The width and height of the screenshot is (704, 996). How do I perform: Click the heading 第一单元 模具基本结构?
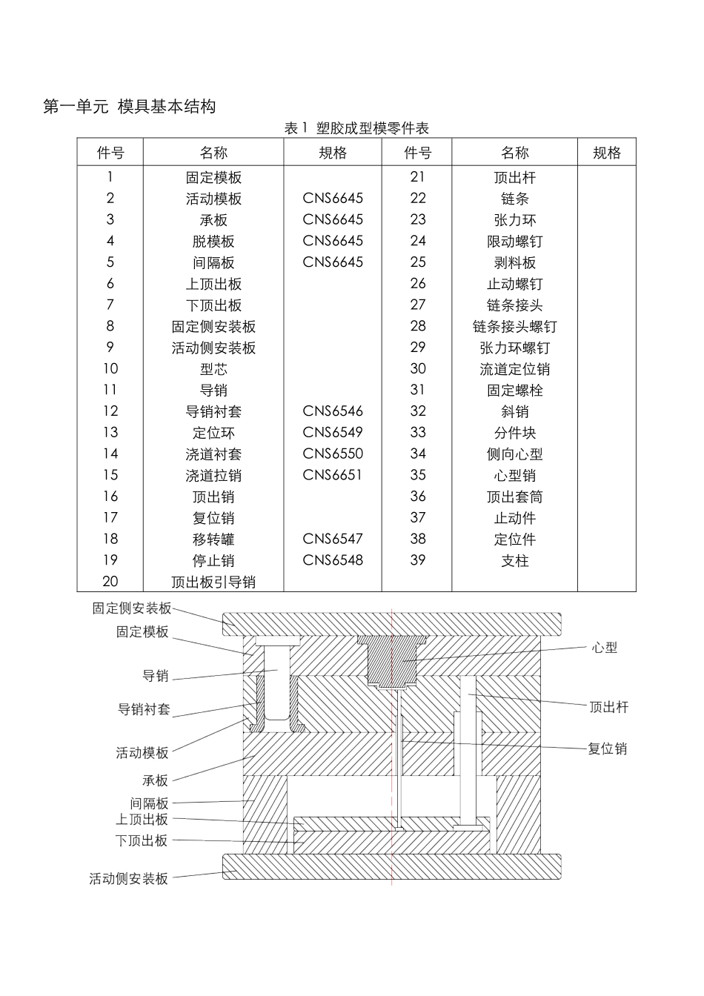130,107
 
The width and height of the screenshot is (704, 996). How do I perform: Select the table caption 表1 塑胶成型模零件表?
356,128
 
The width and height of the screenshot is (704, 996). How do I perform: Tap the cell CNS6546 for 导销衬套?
333,411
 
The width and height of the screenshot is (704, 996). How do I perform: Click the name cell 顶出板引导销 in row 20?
213,582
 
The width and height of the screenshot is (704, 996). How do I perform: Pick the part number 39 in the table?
418,560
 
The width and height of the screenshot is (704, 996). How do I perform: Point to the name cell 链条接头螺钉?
515,327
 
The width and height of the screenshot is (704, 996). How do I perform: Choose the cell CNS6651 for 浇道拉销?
333,475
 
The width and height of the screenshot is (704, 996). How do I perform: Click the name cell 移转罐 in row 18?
213,539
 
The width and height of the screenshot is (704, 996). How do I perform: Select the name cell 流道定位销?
515,369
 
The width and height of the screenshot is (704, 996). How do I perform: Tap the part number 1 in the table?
110,177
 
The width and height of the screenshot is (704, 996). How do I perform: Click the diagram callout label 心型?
605,648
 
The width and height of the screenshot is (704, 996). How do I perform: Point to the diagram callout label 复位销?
608,749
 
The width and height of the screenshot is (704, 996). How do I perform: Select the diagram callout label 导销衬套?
144,709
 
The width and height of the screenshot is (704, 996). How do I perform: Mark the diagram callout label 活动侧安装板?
129,879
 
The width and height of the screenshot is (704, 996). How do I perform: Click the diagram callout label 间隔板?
149,803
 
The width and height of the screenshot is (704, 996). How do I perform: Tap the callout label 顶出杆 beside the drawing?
609,708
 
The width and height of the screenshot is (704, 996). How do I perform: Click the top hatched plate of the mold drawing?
311,624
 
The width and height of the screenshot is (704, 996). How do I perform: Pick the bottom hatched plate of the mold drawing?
311,866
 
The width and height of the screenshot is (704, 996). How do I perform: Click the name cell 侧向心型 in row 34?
515,454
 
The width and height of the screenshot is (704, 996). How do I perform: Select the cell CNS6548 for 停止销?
333,560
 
